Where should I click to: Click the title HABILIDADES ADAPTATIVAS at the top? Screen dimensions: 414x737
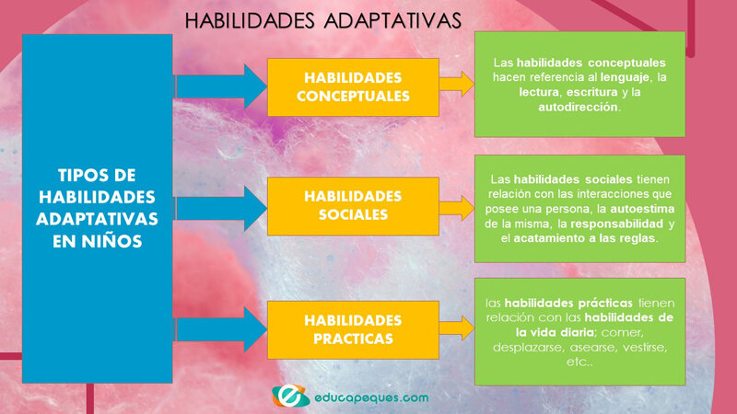pos(322,19)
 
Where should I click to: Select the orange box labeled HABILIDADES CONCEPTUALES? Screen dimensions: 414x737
pos(353,87)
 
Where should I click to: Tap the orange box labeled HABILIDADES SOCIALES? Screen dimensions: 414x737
pos(353,206)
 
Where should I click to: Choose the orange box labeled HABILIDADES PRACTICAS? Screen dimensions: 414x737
pos(353,329)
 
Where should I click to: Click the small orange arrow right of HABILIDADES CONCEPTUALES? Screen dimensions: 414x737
pos(456,85)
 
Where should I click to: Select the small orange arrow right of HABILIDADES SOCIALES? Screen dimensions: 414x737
pos(456,206)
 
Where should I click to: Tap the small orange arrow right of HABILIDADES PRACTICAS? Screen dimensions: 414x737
pos(456,329)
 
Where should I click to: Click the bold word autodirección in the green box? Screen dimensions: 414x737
pos(579,107)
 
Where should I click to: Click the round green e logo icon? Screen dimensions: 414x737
pos(289,395)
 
